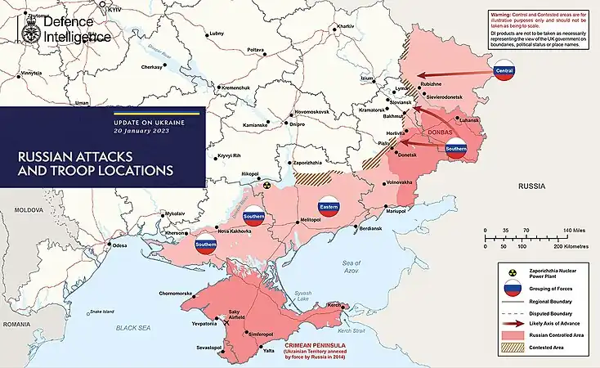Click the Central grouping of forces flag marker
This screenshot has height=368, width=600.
pyautogui.click(x=504, y=71)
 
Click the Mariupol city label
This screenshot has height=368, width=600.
pyautogui.click(x=396, y=212)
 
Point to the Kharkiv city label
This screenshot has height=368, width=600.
pyautogui.click(x=345, y=26)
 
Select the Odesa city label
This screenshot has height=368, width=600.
pyautogui.click(x=120, y=245)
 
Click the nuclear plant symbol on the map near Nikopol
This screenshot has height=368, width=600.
pyautogui.click(x=266, y=186)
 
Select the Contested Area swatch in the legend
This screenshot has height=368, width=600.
pyautogui.click(x=512, y=348)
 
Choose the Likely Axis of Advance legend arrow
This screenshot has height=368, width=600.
pyautogui.click(x=512, y=324)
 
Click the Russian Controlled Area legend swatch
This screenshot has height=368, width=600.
pyautogui.click(x=512, y=336)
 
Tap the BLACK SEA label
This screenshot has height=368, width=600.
pyautogui.click(x=133, y=327)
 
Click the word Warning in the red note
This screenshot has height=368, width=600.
pyautogui.click(x=501, y=15)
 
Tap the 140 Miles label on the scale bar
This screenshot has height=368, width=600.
pyautogui.click(x=570, y=231)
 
